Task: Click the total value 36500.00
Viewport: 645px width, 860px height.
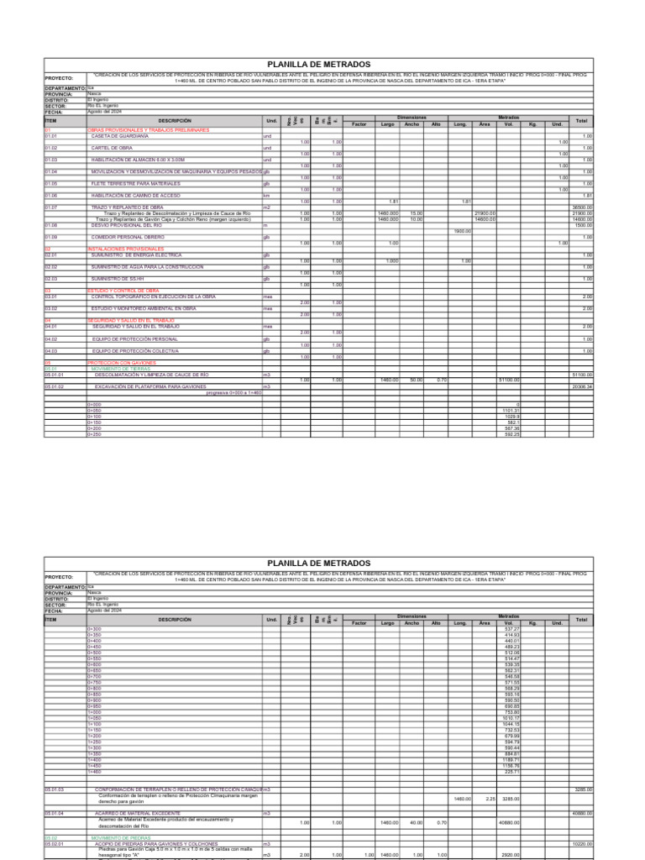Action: (x=582, y=207)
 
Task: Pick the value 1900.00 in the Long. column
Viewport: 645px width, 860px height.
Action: (x=461, y=231)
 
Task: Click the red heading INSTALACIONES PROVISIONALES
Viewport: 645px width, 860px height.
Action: (x=125, y=249)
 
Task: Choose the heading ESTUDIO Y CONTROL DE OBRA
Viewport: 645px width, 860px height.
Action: (x=123, y=291)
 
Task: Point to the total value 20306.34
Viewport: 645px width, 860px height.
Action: (x=581, y=386)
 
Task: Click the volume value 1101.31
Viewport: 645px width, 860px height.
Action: (x=511, y=411)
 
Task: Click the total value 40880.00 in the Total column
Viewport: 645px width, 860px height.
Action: (x=582, y=813)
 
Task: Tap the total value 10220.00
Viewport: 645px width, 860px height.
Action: (x=582, y=843)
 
